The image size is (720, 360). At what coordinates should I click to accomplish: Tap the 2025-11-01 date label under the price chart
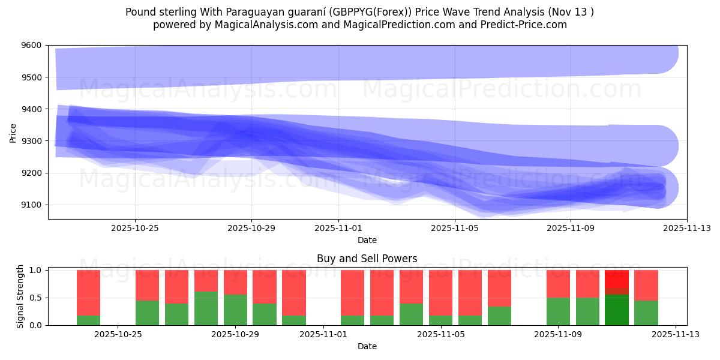[x=338, y=228]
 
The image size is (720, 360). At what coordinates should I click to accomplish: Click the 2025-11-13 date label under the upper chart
[x=687, y=228]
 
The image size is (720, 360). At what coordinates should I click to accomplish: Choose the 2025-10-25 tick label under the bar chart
[x=118, y=334]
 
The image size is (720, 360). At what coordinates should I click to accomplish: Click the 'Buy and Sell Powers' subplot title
[x=367, y=259]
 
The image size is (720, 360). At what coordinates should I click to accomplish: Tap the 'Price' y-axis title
[x=13, y=133]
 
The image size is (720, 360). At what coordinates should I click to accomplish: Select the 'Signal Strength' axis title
[x=20, y=297]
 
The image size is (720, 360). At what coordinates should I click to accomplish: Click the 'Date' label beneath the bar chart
[x=367, y=346]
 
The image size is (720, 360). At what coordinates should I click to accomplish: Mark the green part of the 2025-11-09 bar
[x=558, y=311]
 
